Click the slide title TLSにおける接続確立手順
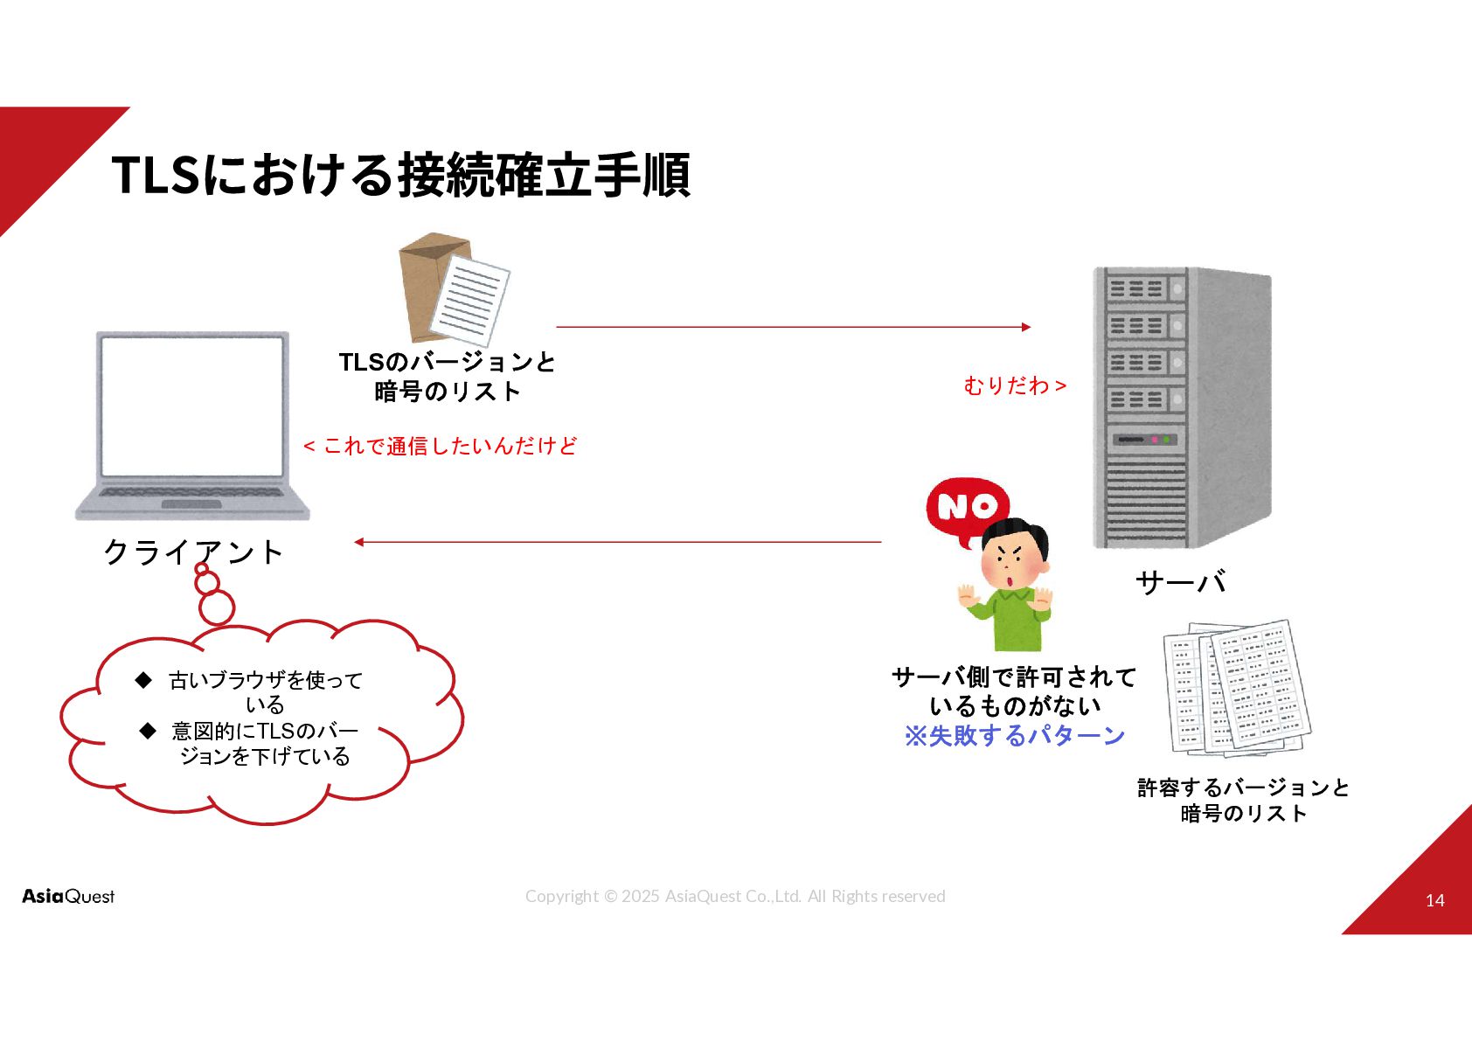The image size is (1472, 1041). click(400, 175)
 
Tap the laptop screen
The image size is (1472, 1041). click(192, 406)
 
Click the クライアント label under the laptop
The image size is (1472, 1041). click(193, 552)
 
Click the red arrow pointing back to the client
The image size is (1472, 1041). click(617, 542)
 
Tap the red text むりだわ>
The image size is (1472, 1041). click(1015, 385)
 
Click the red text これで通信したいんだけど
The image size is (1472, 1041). click(441, 446)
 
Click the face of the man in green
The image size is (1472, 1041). click(1012, 560)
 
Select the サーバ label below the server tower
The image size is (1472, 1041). click(1180, 582)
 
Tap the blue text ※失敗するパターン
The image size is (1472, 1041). click(1014, 736)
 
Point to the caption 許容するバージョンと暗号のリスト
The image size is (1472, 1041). click(1243, 801)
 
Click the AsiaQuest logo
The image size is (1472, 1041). click(68, 896)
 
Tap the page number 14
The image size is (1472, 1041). click(1434, 900)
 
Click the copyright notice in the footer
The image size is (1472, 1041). click(735, 896)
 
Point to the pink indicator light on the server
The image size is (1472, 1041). click(1154, 439)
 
